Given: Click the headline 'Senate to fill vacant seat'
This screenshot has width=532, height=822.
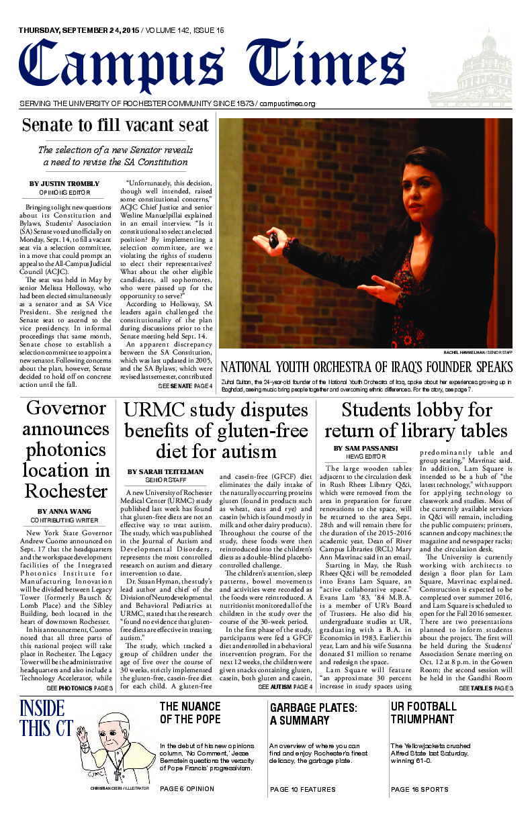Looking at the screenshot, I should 115,125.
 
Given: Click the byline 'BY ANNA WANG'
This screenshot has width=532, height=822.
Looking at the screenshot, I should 66,511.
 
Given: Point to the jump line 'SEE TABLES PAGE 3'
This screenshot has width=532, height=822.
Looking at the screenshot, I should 486,688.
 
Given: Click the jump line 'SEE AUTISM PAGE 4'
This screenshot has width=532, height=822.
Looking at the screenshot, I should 285,688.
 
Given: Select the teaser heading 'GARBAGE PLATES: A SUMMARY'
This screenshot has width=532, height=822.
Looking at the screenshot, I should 313,714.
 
